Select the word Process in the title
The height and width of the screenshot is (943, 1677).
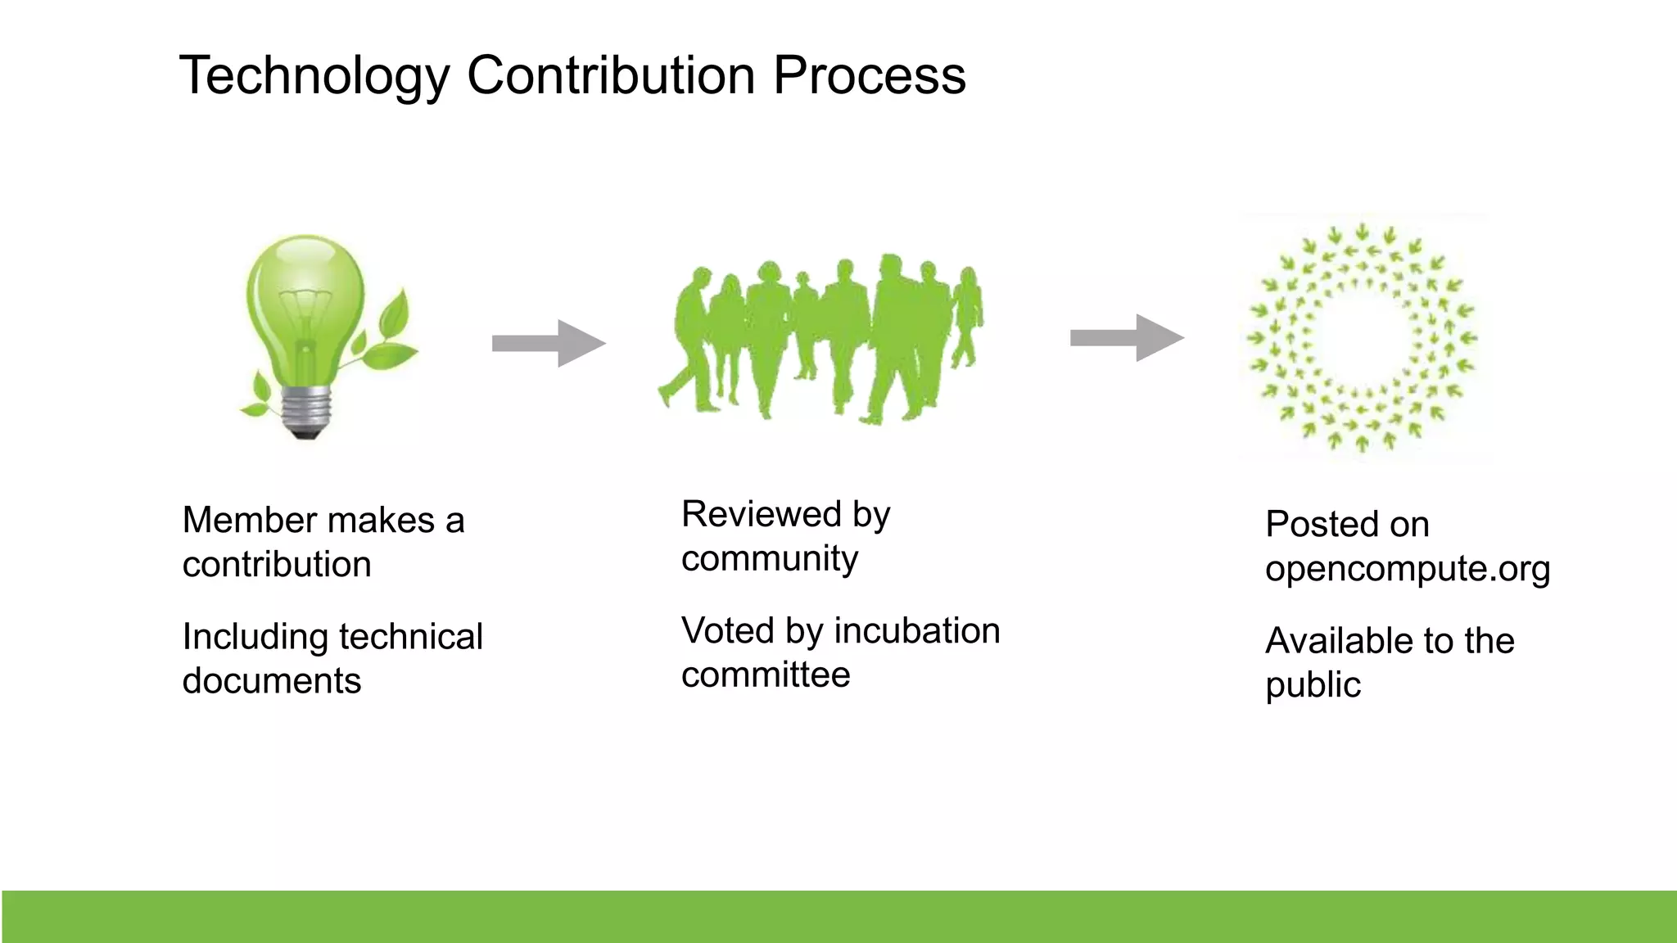[869, 76]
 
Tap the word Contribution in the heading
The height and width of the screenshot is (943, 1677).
[611, 76]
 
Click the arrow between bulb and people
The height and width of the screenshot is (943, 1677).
[548, 343]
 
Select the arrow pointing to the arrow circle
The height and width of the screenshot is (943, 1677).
[1127, 337]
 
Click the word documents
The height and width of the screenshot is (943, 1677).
[271, 681]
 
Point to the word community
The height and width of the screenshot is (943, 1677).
[769, 559]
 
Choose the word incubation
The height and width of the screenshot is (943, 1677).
[917, 631]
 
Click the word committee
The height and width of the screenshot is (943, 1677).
[766, 675]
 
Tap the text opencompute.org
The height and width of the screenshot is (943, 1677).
[1407, 569]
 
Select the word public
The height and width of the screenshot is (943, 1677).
[1313, 685]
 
